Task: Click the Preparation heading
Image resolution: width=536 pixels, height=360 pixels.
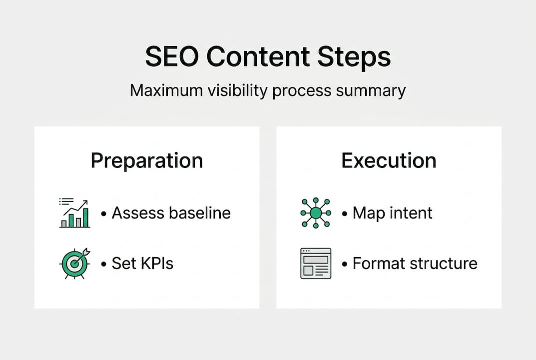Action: pos(147,161)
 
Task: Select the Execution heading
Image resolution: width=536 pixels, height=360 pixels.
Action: pos(389,160)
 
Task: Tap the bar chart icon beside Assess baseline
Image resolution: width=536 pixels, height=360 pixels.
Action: pos(74,213)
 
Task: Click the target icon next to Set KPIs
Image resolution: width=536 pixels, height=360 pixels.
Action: pos(74,263)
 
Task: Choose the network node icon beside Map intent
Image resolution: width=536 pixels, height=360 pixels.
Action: pos(315,213)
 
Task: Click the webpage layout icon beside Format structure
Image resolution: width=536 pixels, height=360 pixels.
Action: pos(316,263)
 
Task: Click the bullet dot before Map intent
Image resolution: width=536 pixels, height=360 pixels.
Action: pos(345,214)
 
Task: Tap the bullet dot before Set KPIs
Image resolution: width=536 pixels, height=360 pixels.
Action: pos(104,264)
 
